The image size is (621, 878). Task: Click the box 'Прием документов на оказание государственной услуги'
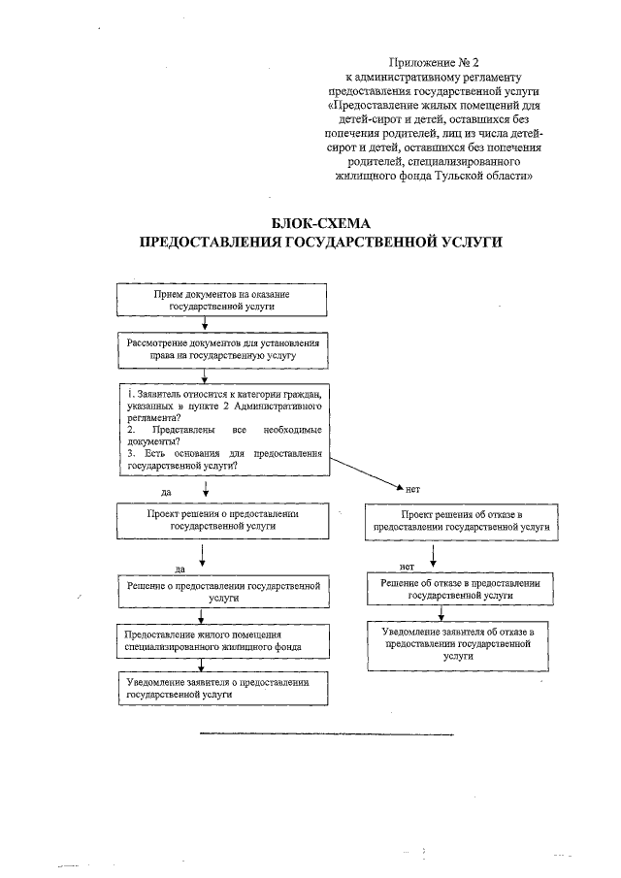point(221,299)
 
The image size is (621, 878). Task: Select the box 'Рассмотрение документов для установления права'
point(221,350)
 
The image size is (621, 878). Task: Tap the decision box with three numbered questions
point(223,429)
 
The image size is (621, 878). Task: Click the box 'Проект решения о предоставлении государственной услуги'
point(221,519)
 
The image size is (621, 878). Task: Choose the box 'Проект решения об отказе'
point(462,519)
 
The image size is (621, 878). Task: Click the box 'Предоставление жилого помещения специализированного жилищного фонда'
point(221,639)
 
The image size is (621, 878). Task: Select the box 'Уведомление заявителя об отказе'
point(461,643)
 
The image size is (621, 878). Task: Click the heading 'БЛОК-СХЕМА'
point(321,223)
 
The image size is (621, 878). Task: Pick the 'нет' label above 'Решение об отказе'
point(408,564)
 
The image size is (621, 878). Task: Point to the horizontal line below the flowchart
point(326,733)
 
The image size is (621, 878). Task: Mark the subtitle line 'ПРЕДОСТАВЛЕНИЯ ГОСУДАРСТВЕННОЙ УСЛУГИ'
point(321,243)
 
